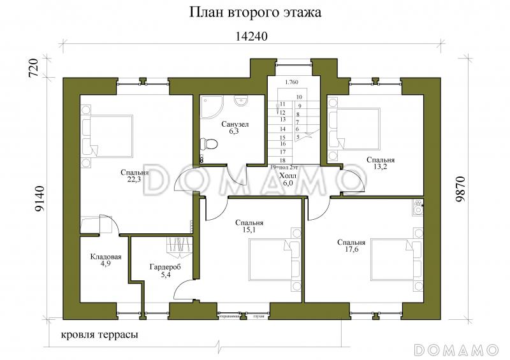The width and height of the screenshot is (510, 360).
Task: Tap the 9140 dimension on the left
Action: point(39,198)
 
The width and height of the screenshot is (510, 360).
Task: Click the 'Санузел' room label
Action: point(235,124)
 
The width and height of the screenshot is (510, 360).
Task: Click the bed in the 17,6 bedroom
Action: point(395,259)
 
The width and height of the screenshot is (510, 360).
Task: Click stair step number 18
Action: point(282,161)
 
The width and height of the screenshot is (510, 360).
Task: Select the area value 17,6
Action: point(351,250)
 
